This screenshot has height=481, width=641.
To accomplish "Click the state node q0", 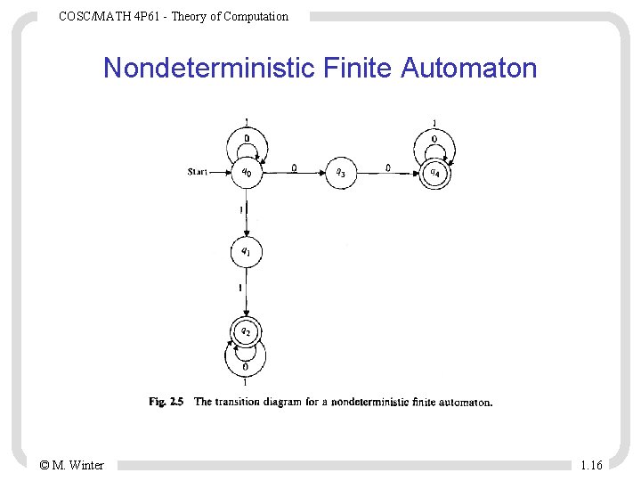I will (246, 173).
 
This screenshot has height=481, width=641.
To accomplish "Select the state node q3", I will (341, 173).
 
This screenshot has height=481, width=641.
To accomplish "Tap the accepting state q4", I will (434, 173).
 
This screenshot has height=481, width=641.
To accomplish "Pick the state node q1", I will (246, 252).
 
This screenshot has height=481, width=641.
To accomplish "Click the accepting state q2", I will (246, 332).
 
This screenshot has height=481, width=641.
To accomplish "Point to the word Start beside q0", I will (198, 172).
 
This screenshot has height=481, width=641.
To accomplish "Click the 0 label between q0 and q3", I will (295, 167).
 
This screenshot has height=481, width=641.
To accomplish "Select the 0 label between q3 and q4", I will (388, 167).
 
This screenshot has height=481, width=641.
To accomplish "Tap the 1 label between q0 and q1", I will (239, 210).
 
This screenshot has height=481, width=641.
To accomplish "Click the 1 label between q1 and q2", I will (239, 289).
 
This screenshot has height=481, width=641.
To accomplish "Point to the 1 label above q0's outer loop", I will (246, 122).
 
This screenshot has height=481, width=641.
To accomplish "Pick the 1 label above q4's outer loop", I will (434, 123).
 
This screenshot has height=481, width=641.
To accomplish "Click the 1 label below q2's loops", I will (245, 382).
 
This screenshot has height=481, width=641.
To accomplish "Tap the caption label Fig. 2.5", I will (166, 402).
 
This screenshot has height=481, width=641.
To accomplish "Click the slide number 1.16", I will (591, 465).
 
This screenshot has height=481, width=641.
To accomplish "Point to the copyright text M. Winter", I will (78, 465).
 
